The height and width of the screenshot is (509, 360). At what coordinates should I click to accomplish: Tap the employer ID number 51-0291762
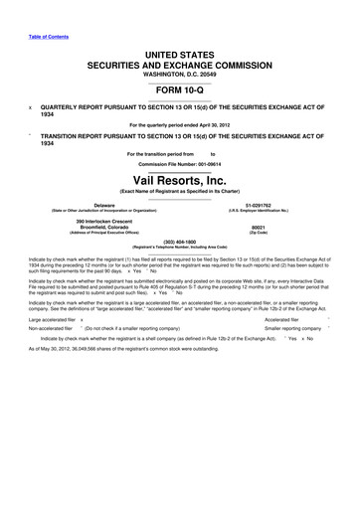point(257,204)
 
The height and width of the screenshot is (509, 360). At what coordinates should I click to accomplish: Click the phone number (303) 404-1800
point(179,240)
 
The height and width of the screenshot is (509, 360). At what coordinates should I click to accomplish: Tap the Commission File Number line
point(179,163)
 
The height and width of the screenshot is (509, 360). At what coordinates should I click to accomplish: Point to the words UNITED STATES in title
point(179,52)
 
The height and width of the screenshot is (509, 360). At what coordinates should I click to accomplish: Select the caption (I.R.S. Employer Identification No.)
point(257,211)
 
